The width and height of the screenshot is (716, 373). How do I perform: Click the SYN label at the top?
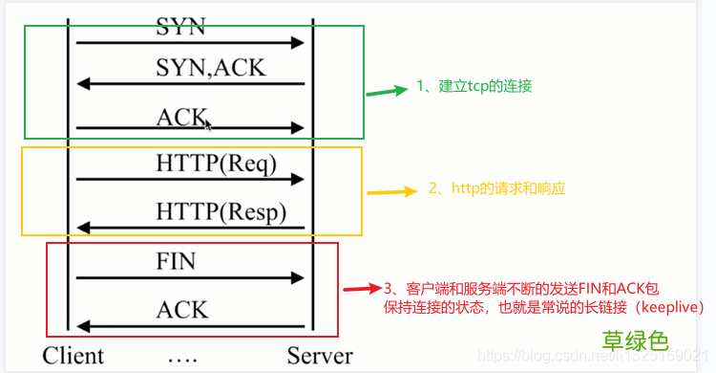[180, 27]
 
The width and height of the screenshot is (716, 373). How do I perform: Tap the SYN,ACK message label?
[210, 68]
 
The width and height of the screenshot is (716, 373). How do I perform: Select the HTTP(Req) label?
[216, 164]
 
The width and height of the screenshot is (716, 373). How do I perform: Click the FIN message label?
[176, 261]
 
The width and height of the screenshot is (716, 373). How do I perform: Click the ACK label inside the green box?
[180, 117]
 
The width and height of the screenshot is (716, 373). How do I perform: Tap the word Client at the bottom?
[73, 356]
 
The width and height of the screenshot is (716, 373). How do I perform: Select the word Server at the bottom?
[320, 356]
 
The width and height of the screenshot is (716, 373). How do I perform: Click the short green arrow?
[387, 92]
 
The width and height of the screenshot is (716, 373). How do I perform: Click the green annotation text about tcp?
[474, 86]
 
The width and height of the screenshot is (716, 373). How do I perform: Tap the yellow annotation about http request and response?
[496, 188]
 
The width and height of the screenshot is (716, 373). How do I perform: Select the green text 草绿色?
[634, 340]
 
